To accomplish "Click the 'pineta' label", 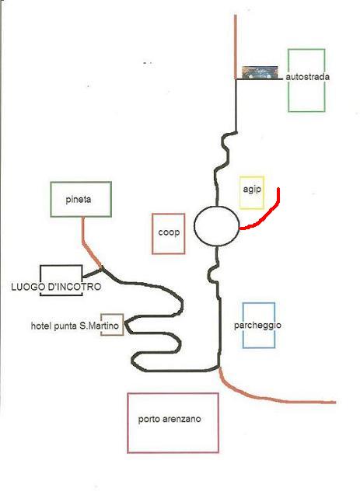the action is [79, 200].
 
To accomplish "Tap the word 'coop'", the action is [169, 232].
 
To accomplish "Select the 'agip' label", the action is [252, 190].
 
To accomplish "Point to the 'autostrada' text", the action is [308, 77].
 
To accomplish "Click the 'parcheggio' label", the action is [257, 326].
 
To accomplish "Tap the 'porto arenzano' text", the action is [170, 420].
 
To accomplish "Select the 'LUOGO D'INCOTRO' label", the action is [56, 287].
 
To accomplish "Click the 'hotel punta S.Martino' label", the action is [75, 326].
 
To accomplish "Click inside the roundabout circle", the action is [217, 226].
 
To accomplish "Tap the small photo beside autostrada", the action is [260, 72].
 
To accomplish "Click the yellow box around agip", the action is [240, 193].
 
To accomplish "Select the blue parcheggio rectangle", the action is [243, 325].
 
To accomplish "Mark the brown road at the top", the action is [236, 47].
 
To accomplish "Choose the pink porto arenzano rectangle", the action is [128, 423].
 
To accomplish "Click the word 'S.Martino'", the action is [100, 326].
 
